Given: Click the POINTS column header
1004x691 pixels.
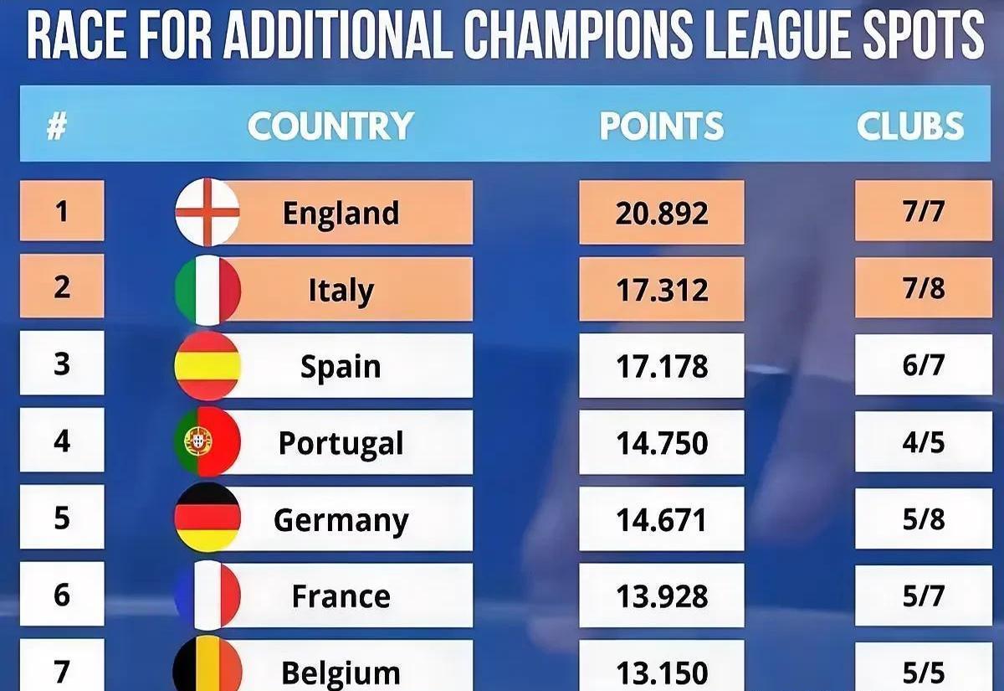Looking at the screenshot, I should pyautogui.click(x=661, y=126).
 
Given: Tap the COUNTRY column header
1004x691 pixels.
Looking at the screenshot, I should pyautogui.click(x=330, y=126).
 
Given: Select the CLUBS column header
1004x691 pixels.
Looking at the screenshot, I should pyautogui.click(x=910, y=126).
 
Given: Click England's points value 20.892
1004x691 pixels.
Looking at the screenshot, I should pyautogui.click(x=661, y=213).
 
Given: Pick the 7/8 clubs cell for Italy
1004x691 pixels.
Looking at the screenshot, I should pyautogui.click(x=924, y=289).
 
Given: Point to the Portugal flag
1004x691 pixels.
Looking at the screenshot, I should pyautogui.click(x=207, y=441).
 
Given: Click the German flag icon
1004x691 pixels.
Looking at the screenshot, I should pyautogui.click(x=207, y=518).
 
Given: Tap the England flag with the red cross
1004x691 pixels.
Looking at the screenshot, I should pyautogui.click(x=207, y=212).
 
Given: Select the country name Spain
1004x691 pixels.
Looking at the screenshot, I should pyautogui.click(x=341, y=367).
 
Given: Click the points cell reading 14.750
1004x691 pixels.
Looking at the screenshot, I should pyautogui.click(x=661, y=443).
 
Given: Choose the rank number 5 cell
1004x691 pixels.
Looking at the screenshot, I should pyautogui.click(x=62, y=518).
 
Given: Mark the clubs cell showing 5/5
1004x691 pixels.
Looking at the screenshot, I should pyautogui.click(x=924, y=672).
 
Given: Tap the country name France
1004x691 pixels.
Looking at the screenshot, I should pyautogui.click(x=341, y=596).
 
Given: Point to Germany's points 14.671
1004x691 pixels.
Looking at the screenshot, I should pyautogui.click(x=661, y=519).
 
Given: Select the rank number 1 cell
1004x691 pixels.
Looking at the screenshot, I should pyautogui.click(x=62, y=211).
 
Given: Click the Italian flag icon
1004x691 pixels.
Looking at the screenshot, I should pyautogui.click(x=207, y=290).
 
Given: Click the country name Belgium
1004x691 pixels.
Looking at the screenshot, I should pyautogui.click(x=341, y=673).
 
